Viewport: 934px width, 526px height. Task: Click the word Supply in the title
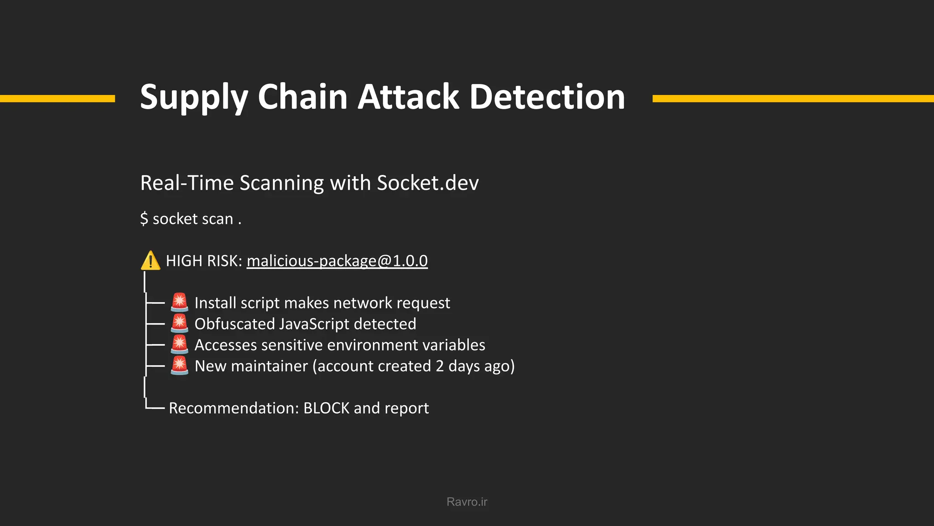(194, 97)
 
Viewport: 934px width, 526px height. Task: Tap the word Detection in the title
(547, 97)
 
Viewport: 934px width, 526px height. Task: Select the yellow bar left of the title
(57, 99)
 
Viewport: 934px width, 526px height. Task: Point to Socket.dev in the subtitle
(427, 183)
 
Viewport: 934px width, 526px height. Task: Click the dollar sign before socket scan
(144, 219)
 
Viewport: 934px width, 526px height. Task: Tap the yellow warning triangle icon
(150, 261)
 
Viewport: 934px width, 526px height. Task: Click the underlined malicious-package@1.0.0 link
(337, 261)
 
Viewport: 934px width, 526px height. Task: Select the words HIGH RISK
(203, 261)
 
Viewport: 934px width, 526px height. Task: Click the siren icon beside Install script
(179, 302)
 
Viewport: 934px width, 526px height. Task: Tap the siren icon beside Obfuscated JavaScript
(179, 323)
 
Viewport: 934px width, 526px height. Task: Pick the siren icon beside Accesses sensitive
(179, 344)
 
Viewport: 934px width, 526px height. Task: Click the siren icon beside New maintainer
(179, 365)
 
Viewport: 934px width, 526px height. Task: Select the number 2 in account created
(440, 366)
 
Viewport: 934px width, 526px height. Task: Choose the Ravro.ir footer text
(467, 502)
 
